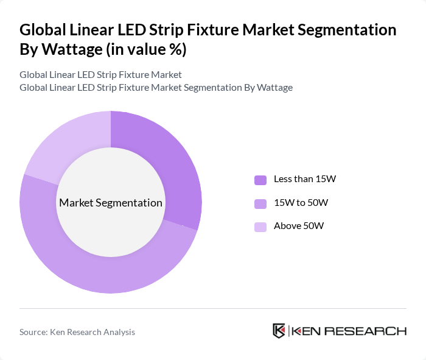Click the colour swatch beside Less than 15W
[260, 179]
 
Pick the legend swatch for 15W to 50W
[260, 203]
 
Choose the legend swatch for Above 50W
[260, 226]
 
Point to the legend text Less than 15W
[305, 179]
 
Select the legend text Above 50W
[299, 226]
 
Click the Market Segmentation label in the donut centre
[111, 203]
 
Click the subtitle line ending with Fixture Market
[100, 75]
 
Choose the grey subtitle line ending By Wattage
[156, 87]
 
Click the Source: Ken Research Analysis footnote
[77, 332]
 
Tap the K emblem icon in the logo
[279, 331]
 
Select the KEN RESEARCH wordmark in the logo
[349, 331]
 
